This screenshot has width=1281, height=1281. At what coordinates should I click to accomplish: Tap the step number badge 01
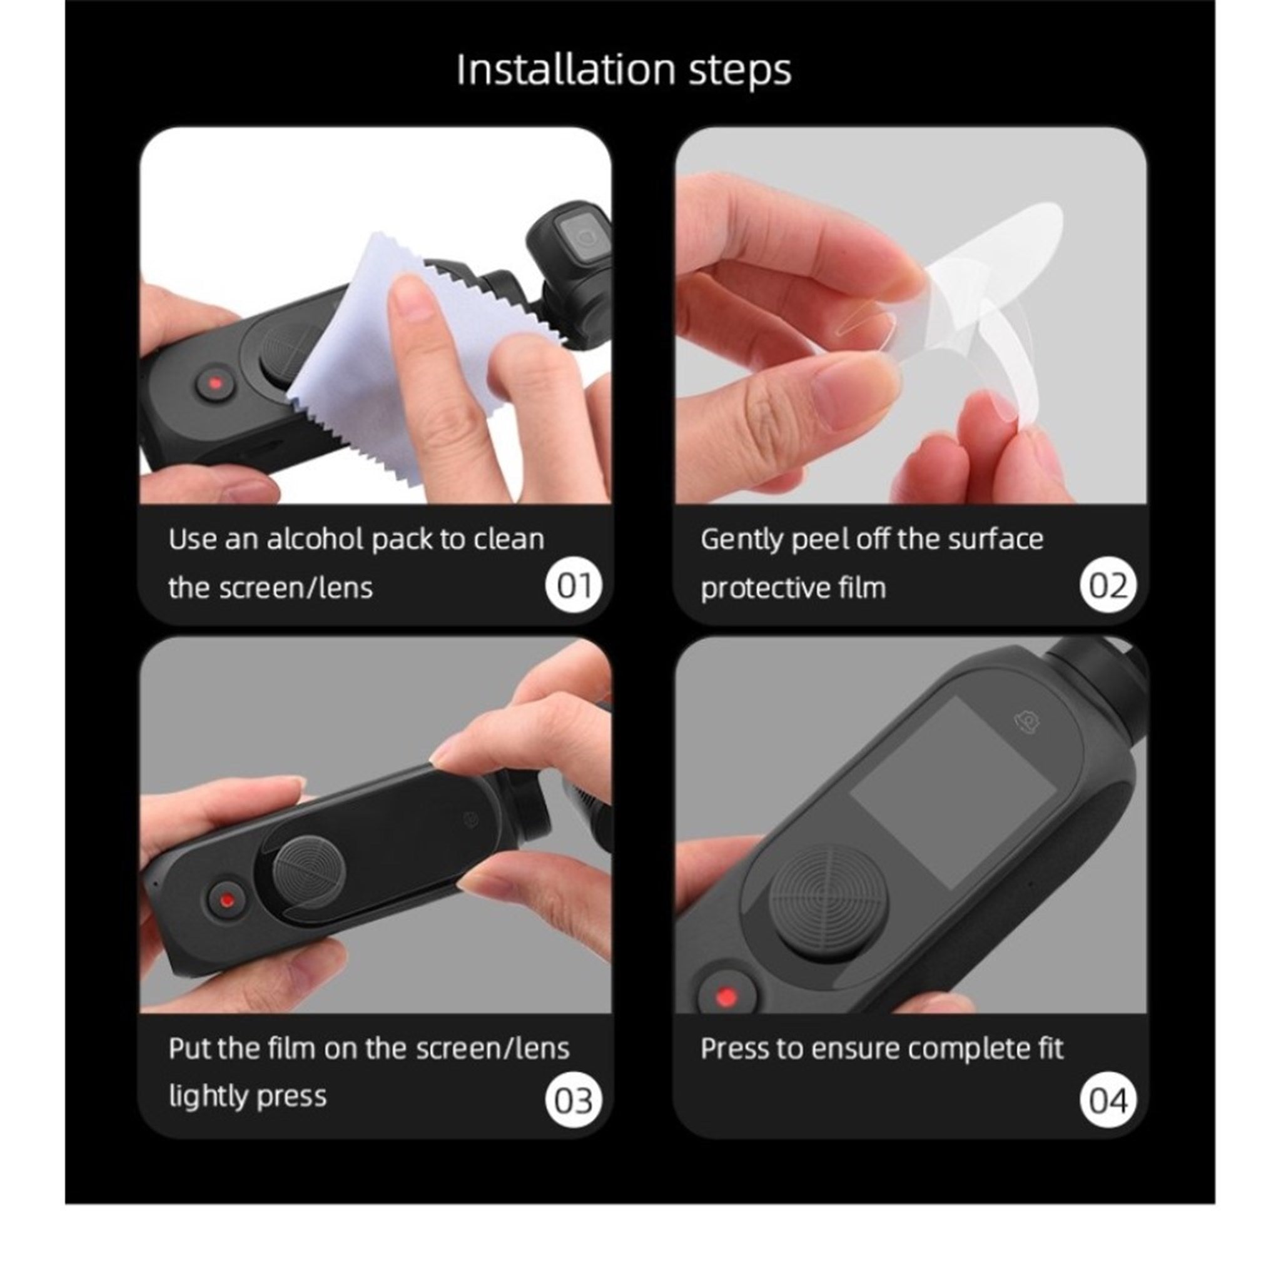(574, 586)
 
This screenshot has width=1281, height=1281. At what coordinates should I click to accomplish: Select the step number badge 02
(1108, 586)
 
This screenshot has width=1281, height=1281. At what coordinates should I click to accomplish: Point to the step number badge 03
(574, 1101)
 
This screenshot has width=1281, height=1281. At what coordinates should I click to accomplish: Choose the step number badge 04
(1108, 1101)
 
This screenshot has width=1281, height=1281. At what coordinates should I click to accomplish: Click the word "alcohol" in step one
(316, 539)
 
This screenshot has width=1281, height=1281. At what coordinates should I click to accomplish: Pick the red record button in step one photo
(215, 384)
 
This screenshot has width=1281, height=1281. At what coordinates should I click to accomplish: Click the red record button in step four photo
(727, 996)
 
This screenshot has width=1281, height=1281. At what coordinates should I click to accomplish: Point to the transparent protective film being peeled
(968, 311)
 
